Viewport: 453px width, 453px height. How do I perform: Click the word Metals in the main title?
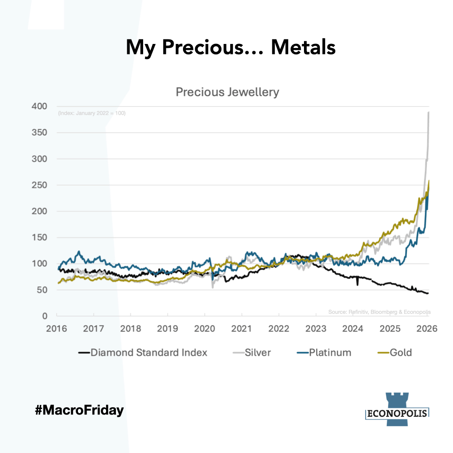(303, 47)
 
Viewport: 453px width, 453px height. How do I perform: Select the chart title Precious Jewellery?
(227, 92)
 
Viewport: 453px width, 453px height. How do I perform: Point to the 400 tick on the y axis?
(39, 106)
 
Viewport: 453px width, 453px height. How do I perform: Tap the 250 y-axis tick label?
(39, 185)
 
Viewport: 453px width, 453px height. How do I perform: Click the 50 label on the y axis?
(41, 290)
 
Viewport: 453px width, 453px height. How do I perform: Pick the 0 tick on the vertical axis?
(44, 316)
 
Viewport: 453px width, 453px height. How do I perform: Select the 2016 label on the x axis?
(57, 328)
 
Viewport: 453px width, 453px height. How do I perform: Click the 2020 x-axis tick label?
(205, 328)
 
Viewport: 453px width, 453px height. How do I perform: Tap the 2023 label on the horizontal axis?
(316, 328)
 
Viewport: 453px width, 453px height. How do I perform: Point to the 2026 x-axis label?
(427, 328)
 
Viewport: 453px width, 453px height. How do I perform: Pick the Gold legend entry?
(400, 352)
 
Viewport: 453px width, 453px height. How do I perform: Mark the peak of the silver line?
(429, 112)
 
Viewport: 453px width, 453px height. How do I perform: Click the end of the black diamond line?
(428, 294)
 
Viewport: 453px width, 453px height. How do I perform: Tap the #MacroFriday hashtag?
(79, 411)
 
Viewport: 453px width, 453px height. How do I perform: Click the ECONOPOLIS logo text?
(396, 413)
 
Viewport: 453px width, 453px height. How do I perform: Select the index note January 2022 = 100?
(92, 113)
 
